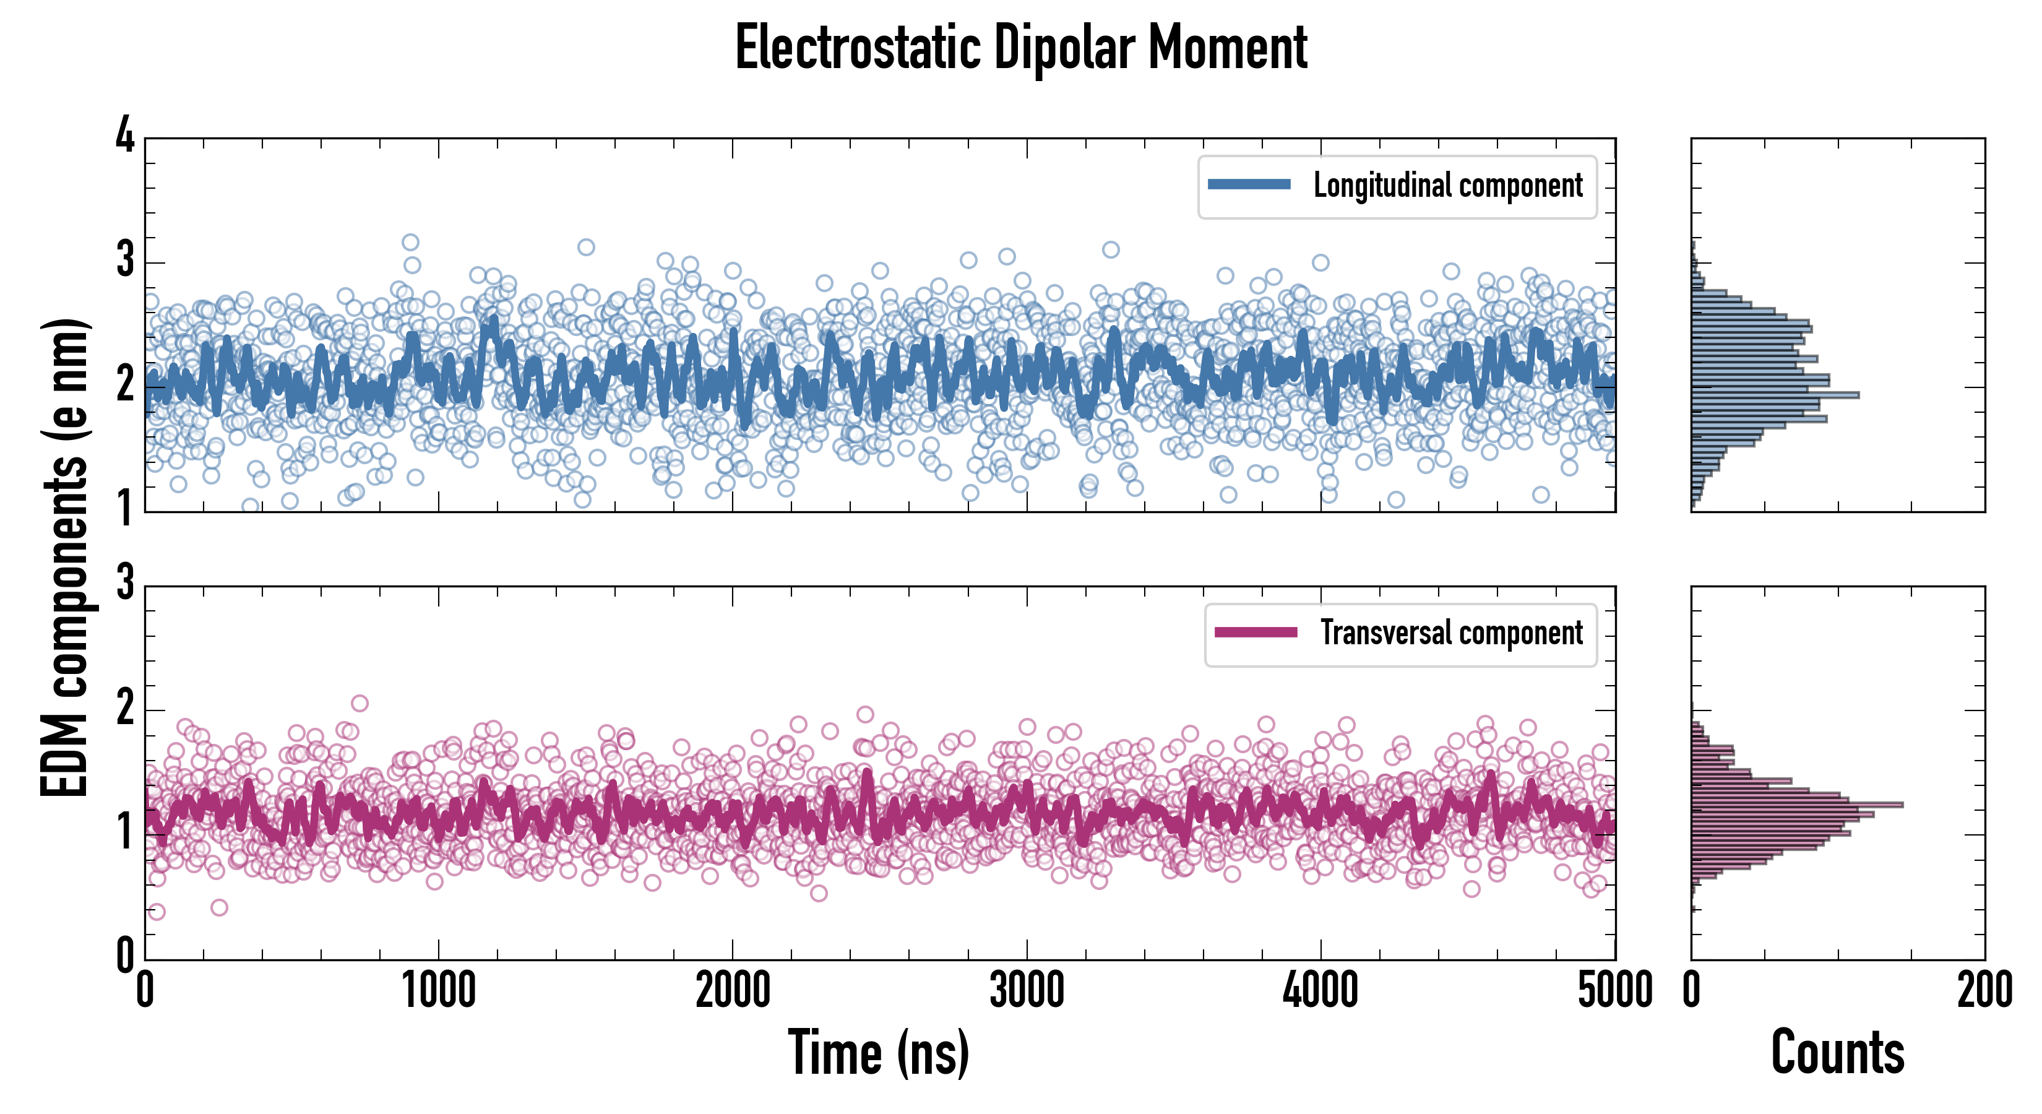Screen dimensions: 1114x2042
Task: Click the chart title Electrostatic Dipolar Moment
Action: pyautogui.click(x=1021, y=48)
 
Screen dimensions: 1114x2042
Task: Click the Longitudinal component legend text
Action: pyautogui.click(x=1447, y=186)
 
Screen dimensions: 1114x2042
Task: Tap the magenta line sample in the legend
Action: pyautogui.click(x=1256, y=633)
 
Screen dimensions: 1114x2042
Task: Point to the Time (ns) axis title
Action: pyautogui.click(x=878, y=1053)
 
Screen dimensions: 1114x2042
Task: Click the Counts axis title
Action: pyautogui.click(x=1837, y=1053)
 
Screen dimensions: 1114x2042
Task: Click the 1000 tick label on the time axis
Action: pyautogui.click(x=438, y=991)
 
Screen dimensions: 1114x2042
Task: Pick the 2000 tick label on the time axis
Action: pyautogui.click(x=733, y=991)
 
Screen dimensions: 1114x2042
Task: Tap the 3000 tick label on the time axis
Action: pyautogui.click(x=1027, y=991)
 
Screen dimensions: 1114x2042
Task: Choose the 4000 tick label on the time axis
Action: pyautogui.click(x=1320, y=991)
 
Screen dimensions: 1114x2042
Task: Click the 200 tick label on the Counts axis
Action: pyautogui.click(x=1984, y=991)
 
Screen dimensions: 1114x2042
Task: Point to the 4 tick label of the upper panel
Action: pyautogui.click(x=125, y=136)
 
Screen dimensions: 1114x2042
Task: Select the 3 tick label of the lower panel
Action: pyautogui.click(x=125, y=584)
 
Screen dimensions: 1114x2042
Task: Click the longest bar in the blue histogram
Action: pyautogui.click(x=1776, y=395)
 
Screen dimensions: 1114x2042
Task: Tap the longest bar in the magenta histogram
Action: pyautogui.click(x=1798, y=805)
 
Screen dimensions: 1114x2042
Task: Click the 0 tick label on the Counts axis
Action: pyautogui.click(x=1692, y=991)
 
